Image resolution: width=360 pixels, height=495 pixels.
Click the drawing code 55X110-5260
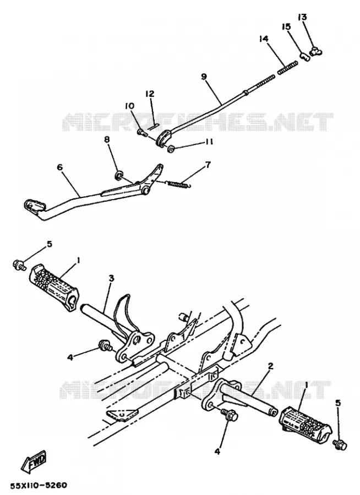39,485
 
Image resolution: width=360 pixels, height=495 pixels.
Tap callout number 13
302,16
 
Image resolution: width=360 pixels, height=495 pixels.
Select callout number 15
287,27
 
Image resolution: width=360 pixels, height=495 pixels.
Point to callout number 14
264,39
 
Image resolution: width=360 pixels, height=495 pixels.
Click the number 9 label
204,76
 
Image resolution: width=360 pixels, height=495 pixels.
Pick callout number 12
150,94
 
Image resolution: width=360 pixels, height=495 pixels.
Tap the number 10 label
129,106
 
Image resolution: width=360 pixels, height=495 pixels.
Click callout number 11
209,142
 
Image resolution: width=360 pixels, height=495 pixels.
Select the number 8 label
107,140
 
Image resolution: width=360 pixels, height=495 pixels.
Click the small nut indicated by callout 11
171,149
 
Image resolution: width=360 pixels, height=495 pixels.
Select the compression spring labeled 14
288,68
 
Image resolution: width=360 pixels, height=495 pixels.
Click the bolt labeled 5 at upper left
19,264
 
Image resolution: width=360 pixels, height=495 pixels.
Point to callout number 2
270,366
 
